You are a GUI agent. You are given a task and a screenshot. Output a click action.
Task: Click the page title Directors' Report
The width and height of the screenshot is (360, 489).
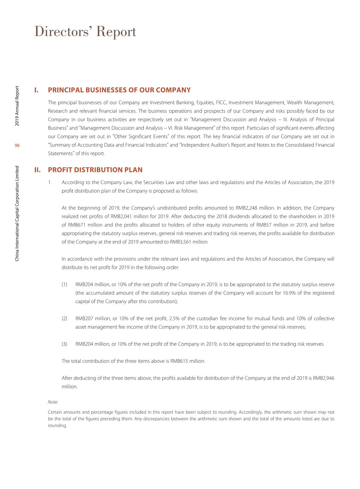tap(85, 32)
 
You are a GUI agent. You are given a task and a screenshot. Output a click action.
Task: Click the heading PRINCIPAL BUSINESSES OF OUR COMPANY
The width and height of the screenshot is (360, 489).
tap(119, 90)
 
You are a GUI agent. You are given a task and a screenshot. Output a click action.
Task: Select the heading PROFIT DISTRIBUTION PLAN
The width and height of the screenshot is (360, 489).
tap(95, 170)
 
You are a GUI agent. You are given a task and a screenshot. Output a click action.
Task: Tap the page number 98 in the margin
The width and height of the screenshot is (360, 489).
tap(17, 146)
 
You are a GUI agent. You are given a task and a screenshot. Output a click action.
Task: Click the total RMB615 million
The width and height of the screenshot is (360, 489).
tap(188, 361)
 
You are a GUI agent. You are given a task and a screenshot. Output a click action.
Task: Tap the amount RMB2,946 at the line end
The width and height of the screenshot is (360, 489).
tap(324, 378)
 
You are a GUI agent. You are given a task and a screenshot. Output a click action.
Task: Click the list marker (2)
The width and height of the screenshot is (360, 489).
tap(64, 319)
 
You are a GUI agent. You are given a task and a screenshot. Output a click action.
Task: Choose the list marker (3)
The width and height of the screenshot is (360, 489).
tap(64, 344)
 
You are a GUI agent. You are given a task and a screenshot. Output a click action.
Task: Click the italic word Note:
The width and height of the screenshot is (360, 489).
tap(53, 402)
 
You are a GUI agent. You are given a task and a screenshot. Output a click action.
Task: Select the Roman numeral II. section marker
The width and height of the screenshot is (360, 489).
tap(38, 170)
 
